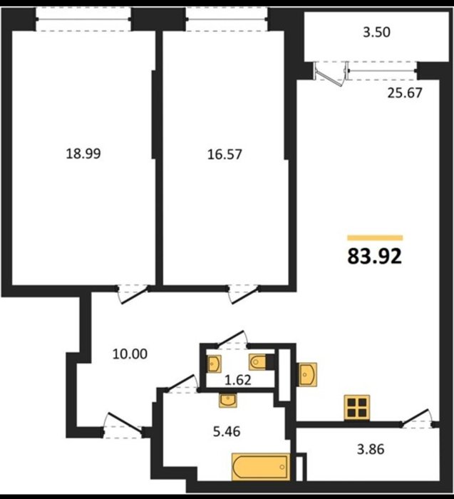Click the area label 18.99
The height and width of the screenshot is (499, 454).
[83, 153]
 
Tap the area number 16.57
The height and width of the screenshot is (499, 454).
[225, 155]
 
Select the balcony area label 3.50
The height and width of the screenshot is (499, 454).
[377, 33]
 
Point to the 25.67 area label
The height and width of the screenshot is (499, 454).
[405, 93]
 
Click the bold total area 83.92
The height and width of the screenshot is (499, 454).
[375, 257]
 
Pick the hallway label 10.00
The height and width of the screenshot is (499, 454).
[130, 354]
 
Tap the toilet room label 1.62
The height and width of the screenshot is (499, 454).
[238, 380]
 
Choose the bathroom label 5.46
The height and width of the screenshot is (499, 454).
[227, 431]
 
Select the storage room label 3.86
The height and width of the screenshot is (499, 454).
[371, 449]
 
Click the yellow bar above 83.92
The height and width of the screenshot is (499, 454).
[375, 237]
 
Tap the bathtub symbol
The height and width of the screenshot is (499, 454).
[261, 466]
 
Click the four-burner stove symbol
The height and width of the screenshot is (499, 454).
[356, 408]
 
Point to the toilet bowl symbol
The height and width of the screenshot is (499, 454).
[258, 362]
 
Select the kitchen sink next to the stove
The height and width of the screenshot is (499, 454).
[307, 374]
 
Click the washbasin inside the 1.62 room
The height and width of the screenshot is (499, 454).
[214, 364]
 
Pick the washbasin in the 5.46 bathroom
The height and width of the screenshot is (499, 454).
[227, 400]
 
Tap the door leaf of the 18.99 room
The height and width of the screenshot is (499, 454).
[135, 295]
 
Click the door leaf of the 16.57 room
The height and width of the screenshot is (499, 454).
[246, 295]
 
